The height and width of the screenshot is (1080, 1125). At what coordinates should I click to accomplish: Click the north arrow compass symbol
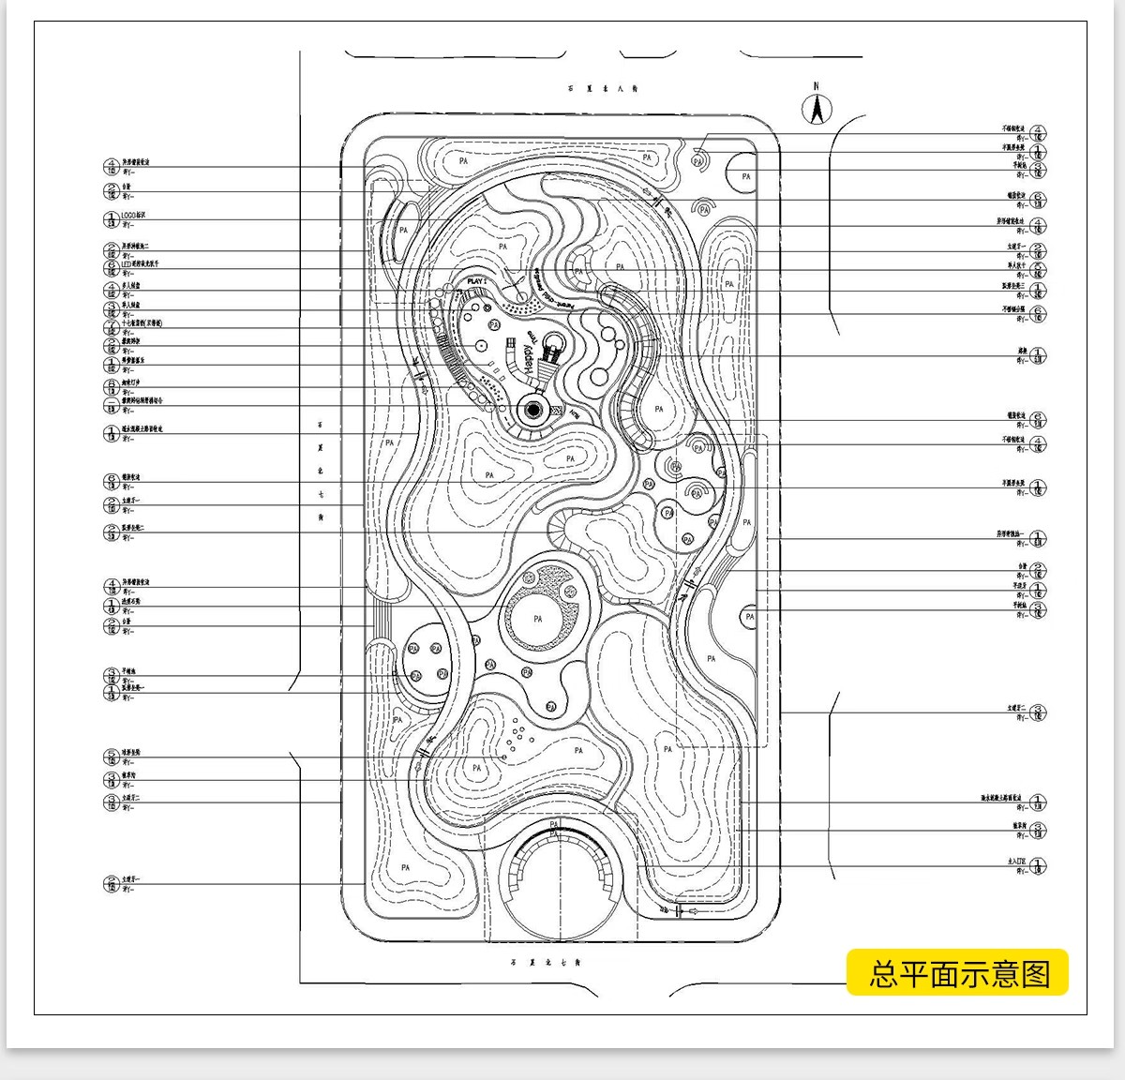pos(817,111)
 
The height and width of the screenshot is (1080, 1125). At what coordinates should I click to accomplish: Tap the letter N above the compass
pos(817,86)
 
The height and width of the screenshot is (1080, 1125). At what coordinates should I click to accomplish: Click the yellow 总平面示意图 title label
pos(958,973)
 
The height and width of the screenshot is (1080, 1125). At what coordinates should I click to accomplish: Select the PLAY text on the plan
pos(478,279)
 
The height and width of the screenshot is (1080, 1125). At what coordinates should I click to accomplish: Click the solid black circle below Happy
pos(534,409)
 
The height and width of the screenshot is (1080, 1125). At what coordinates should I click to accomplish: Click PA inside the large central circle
pos(537,619)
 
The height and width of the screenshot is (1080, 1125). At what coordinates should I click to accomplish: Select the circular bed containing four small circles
pos(427,662)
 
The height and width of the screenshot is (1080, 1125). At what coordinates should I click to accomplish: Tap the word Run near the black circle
pos(571,412)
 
